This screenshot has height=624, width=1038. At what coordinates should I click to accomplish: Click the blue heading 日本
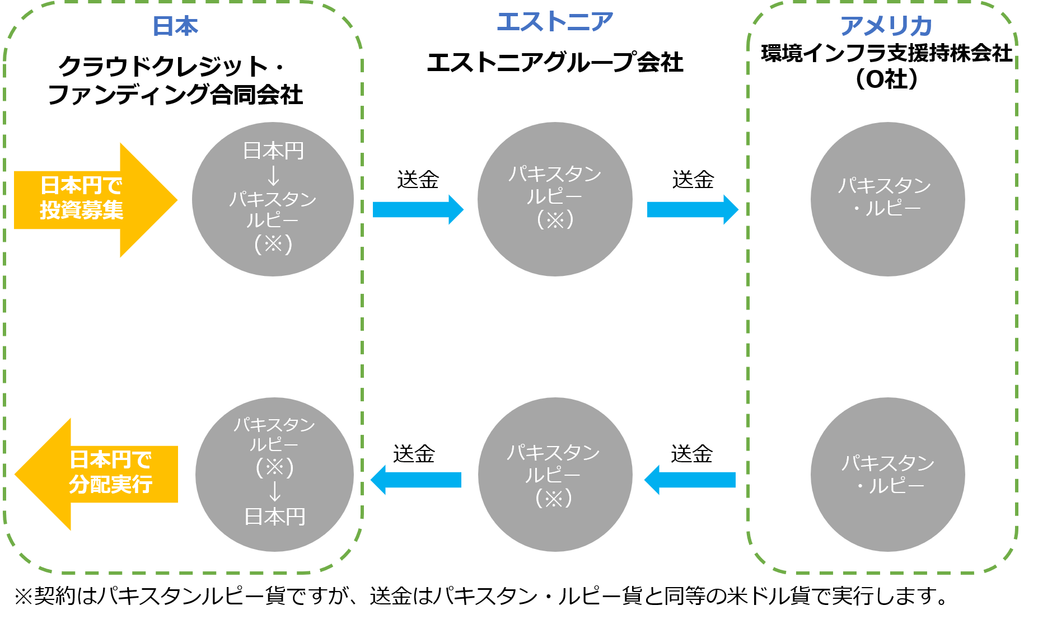tap(175, 26)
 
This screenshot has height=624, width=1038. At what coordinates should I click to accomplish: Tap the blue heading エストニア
tap(555, 22)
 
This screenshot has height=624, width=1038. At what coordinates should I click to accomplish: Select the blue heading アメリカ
tap(886, 26)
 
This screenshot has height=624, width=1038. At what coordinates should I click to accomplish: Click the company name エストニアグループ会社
tap(555, 62)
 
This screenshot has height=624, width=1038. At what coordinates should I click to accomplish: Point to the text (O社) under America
tap(887, 79)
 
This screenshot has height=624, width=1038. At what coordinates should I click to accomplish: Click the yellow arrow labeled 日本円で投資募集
tap(95, 200)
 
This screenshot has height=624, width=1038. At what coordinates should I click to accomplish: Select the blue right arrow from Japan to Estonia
tap(418, 209)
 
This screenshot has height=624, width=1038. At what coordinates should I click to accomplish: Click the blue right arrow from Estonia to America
tap(693, 209)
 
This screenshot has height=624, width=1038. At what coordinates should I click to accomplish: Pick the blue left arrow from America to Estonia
tap(690, 480)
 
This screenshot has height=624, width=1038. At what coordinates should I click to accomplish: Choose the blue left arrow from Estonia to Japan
tap(416, 480)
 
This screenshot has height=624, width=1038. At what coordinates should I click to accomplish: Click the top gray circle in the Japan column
tap(273, 199)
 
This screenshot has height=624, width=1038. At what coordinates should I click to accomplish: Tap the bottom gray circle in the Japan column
tap(274, 475)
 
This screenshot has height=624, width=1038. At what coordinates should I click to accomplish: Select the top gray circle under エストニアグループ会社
tap(555, 199)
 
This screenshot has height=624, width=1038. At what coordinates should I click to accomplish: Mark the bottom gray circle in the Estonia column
tap(555, 475)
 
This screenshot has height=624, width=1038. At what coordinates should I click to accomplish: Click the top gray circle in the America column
tap(887, 199)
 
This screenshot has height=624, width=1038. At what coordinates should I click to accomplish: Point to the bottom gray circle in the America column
tap(887, 475)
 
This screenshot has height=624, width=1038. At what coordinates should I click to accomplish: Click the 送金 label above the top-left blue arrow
tap(418, 180)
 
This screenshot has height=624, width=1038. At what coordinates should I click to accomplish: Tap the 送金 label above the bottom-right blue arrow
tap(691, 454)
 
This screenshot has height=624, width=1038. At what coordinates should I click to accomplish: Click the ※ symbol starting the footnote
tap(24, 596)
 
